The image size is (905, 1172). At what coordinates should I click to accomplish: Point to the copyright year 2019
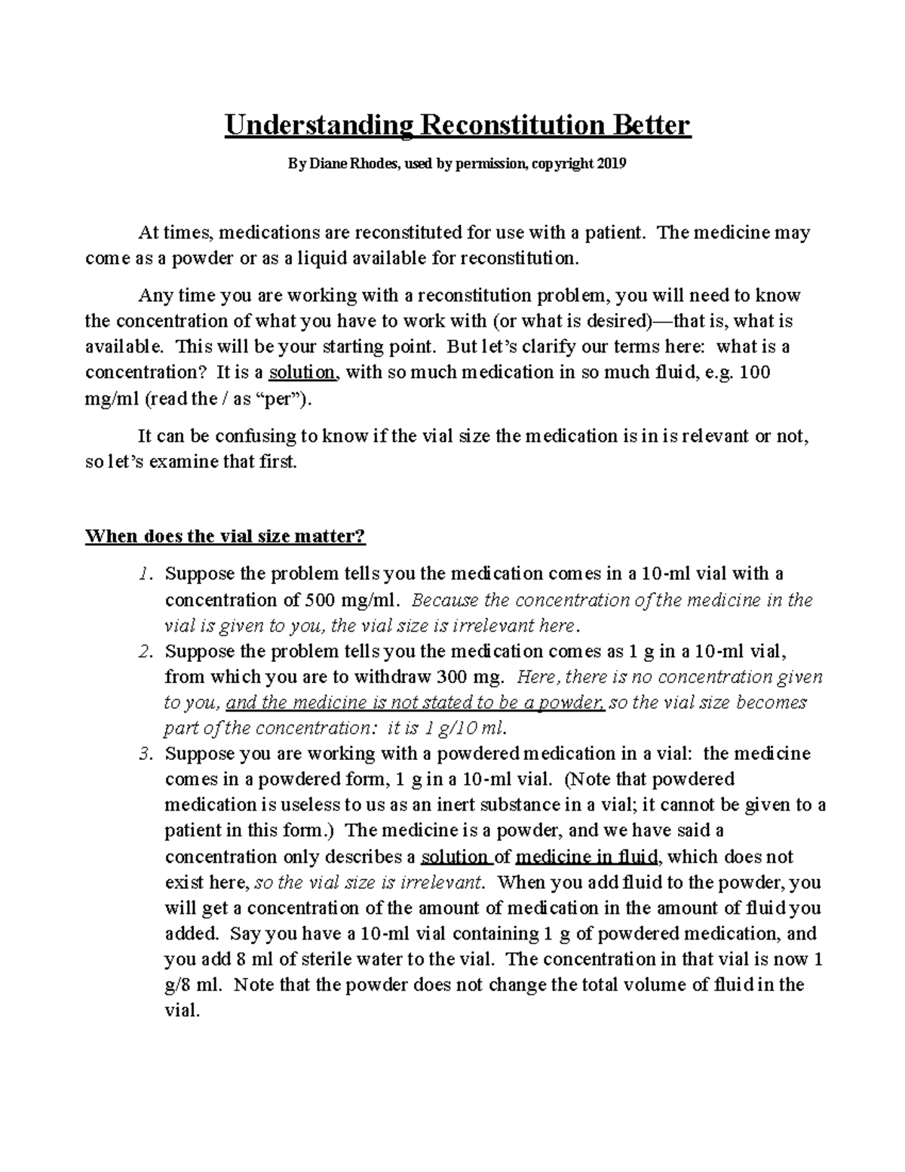click(612, 164)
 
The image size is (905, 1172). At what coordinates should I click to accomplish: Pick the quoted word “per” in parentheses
click(281, 399)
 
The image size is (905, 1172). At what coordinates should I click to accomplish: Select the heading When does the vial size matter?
click(225, 537)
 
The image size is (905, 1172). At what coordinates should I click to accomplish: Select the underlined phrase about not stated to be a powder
click(415, 703)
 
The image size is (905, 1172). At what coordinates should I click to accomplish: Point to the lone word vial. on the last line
click(182, 1011)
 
